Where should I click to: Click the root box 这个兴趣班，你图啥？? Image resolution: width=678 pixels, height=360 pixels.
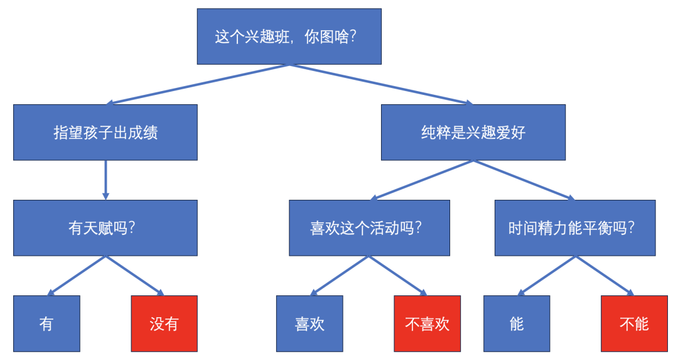point(289,36)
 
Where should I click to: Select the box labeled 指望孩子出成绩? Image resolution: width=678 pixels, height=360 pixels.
point(105,133)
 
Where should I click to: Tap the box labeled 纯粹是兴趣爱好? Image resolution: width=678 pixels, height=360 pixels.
point(473,133)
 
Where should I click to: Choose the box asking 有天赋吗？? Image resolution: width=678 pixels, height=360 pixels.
point(105,228)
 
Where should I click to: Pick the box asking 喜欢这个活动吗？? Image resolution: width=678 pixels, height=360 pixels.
point(370,228)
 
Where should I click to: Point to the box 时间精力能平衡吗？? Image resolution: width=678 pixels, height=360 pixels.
point(575,228)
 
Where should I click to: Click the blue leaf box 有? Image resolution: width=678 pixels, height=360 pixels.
point(46,324)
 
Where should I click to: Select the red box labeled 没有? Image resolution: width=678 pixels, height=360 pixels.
point(164,324)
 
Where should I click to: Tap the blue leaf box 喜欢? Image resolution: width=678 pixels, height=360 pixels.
point(309,324)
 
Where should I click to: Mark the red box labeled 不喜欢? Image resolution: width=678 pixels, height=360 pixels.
point(428,324)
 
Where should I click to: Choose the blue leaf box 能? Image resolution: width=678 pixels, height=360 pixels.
point(517,324)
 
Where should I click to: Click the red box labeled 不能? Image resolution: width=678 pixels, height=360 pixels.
point(634,324)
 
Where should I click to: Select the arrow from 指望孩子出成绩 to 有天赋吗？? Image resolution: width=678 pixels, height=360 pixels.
point(105,180)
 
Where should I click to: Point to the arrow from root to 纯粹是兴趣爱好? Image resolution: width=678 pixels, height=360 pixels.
point(382,84)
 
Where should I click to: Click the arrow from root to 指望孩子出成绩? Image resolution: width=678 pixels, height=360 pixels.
point(197,84)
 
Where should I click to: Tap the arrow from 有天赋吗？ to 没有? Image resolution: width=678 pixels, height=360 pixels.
point(135,276)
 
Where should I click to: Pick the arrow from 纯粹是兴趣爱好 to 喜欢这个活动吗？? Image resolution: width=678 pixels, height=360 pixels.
point(422,180)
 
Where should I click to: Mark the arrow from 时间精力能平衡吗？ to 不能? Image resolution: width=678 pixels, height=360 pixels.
point(605,276)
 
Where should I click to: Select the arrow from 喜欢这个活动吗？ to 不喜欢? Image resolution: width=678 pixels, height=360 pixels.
point(398,276)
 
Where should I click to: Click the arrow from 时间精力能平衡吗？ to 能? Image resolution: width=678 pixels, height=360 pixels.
point(546,276)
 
